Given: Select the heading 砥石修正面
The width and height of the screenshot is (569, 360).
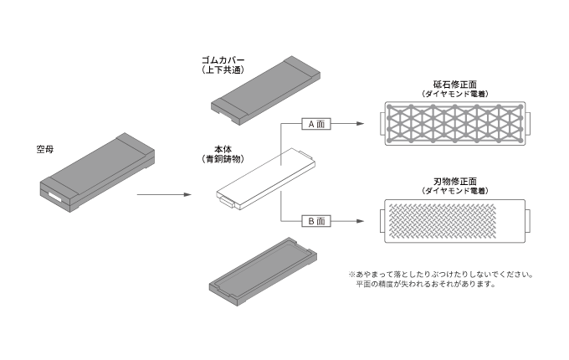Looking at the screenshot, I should (454, 85).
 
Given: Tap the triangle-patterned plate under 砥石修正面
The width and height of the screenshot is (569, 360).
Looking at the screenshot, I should (454, 124).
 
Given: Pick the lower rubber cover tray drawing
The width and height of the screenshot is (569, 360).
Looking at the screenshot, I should (264, 272).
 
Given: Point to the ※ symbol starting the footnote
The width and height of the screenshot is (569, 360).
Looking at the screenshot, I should (351, 274).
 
